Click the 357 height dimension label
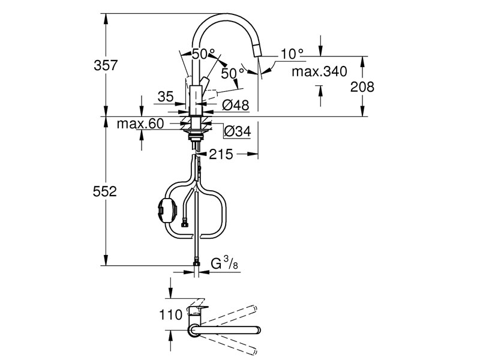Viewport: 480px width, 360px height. click(106, 65)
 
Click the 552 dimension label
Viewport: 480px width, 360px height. click(105, 191)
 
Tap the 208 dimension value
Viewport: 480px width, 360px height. click(362, 87)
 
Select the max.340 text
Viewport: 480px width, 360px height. click(319, 71)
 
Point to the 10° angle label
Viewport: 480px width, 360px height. click(292, 54)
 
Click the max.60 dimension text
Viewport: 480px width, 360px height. click(140, 124)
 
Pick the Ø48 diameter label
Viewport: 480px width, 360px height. click(235, 106)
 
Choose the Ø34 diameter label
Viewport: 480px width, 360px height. click(237, 131)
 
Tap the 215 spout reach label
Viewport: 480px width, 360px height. click(221, 154)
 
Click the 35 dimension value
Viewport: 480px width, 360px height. click(166, 97)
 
